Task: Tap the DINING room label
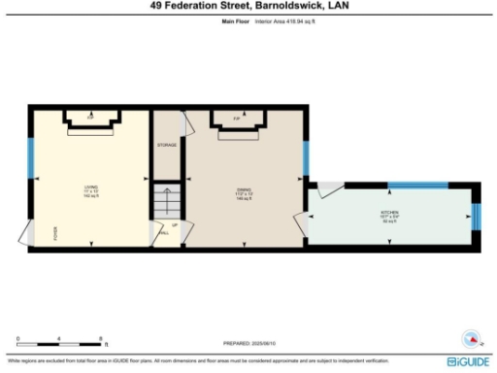[x=245, y=190]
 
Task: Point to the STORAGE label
[x=167, y=145]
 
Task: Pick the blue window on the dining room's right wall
[x=305, y=155]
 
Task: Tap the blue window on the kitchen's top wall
[x=415, y=183]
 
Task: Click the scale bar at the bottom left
[x=60, y=344]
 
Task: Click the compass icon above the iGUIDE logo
[x=470, y=339]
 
